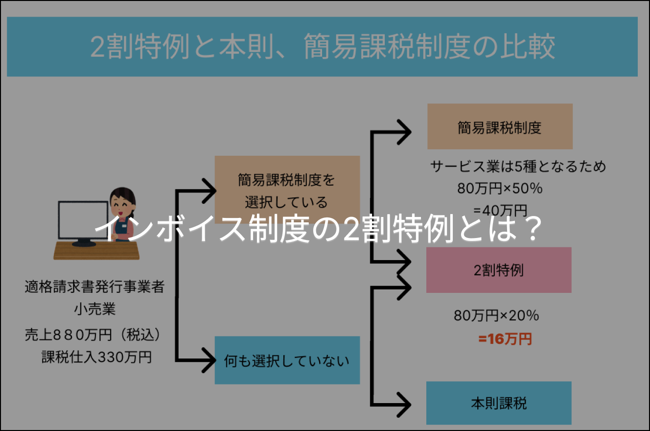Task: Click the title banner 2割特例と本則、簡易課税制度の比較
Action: [322, 47]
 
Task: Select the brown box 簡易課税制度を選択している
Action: [287, 190]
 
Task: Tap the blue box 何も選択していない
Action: [287, 361]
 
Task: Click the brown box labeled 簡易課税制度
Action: [499, 127]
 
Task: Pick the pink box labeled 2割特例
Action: [498, 270]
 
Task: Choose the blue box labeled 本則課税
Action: [498, 403]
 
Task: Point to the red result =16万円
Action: [505, 339]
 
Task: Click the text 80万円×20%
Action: [496, 316]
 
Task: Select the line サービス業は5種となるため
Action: [518, 167]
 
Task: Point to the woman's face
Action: [119, 201]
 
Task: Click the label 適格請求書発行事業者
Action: [94, 287]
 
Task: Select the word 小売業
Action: [94, 309]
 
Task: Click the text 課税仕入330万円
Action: [96, 358]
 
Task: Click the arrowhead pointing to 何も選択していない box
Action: [209, 361]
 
